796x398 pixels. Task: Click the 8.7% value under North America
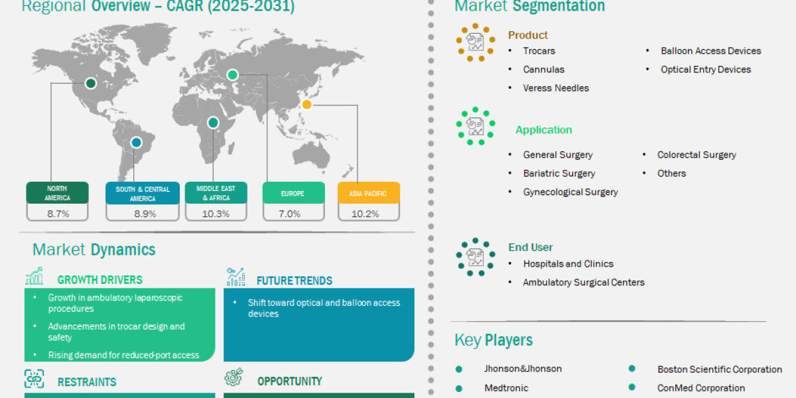coord(57,214)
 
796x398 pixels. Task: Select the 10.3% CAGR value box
coord(216,214)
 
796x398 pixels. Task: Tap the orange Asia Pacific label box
coord(368,194)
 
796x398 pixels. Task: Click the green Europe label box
coord(293,194)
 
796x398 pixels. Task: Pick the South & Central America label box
coord(143,194)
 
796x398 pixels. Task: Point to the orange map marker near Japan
coord(306,104)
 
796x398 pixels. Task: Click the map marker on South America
coord(136,142)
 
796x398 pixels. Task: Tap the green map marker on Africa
coord(213,123)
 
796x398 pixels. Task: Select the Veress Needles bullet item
coord(555,88)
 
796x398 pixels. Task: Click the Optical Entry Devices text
coord(705,69)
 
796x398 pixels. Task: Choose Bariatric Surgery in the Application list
coord(559,173)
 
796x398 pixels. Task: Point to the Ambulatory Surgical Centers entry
coord(583,282)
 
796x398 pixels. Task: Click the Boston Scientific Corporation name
coord(719,369)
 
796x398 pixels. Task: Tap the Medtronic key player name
coord(505,387)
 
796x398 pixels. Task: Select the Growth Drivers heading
coord(99,280)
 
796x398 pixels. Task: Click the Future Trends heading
coord(294,281)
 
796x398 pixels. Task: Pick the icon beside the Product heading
coord(476,42)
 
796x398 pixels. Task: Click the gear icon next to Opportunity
coord(233,378)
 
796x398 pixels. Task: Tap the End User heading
coord(530,247)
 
